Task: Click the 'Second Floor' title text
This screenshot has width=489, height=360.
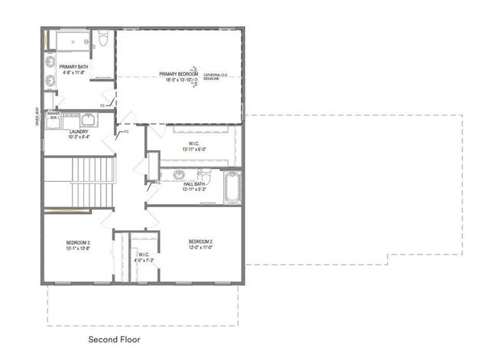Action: click(114, 339)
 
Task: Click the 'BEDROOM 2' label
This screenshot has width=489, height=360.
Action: click(200, 242)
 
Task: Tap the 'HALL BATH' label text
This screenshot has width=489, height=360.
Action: click(194, 183)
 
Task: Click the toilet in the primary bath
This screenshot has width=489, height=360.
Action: click(102, 41)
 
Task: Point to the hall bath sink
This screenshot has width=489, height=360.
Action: click(178, 174)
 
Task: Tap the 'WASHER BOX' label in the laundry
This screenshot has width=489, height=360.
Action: click(53, 116)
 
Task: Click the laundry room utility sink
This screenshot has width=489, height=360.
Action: click(86, 118)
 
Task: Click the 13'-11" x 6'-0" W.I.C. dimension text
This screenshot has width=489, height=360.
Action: click(194, 148)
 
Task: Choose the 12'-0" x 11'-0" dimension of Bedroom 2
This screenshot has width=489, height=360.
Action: click(200, 247)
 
